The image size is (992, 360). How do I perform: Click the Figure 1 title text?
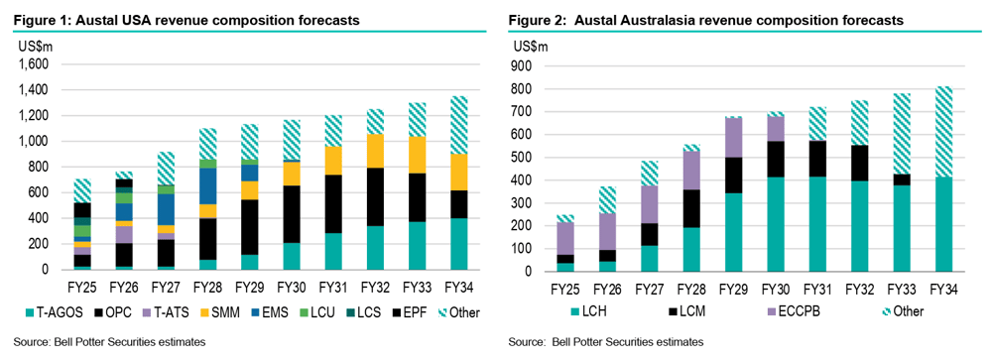pyautogui.click(x=186, y=20)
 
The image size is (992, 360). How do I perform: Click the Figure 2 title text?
pyautogui.click(x=705, y=20)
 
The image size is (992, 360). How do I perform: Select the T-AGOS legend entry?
pyautogui.click(x=43, y=312)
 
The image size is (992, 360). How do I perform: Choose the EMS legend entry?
pyautogui.click(x=277, y=312)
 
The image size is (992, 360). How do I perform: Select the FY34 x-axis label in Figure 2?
pyautogui.click(x=945, y=290)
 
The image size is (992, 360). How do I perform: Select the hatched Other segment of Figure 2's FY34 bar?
pyautogui.click(x=945, y=132)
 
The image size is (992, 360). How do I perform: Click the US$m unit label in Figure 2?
pyautogui.click(x=531, y=47)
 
